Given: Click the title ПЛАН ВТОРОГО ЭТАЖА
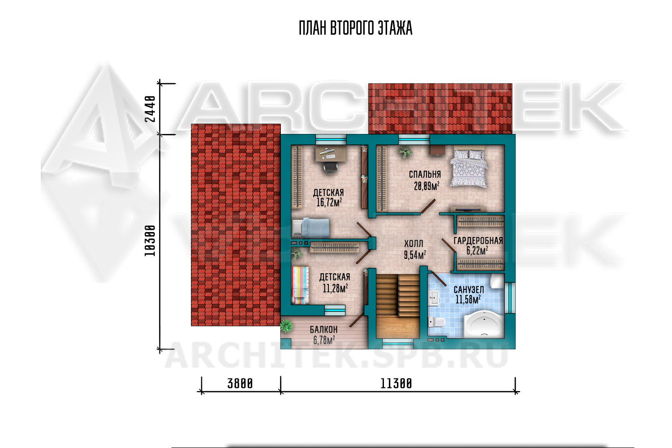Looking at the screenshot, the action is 355,28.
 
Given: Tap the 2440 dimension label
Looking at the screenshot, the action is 150,108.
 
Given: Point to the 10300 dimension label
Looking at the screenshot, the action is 150,241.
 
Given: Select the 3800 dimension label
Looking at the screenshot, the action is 240,383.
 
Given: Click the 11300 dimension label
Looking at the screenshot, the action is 396,383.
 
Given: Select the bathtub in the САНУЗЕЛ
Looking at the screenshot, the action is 483,324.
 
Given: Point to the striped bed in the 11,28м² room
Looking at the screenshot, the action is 300,285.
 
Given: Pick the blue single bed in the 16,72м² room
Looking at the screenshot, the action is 310,228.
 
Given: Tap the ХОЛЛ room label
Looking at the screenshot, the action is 414,243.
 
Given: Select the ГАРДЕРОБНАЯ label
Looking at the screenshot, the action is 478,241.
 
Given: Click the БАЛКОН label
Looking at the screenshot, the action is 324,329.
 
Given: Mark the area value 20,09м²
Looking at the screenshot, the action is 426,186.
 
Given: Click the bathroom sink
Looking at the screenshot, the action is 434,298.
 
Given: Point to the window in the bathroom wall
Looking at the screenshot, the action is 510,297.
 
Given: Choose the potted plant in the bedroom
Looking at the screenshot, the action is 405,152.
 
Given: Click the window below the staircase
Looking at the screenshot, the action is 397,344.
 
